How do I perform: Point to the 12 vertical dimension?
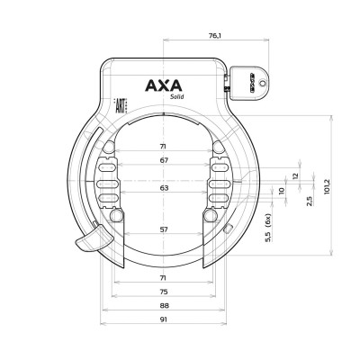(x=295, y=175)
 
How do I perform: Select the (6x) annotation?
(x=267, y=220)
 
